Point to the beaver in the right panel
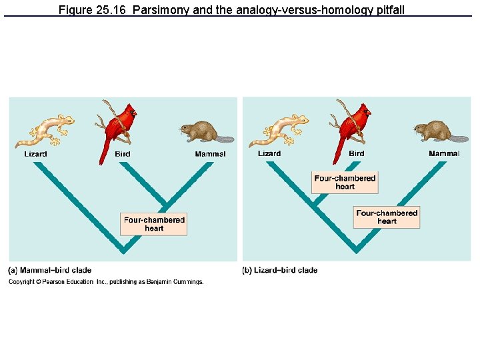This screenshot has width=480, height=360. click(436, 131)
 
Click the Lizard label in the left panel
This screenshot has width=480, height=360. click(36, 154)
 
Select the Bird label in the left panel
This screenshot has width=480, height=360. click(123, 154)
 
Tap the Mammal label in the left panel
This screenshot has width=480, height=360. click(210, 154)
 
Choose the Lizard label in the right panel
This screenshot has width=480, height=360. click(269, 154)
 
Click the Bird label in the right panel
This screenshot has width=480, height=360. click(357, 154)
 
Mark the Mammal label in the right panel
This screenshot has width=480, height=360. click(444, 154)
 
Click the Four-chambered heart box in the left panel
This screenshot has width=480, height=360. click(154, 224)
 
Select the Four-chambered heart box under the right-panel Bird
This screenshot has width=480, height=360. click(345, 182)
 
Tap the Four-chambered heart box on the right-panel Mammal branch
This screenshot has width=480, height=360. click(387, 217)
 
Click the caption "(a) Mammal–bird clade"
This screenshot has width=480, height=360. click(49, 270)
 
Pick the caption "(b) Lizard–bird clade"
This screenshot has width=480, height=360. click(279, 270)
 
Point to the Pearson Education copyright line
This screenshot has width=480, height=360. click(106, 282)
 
